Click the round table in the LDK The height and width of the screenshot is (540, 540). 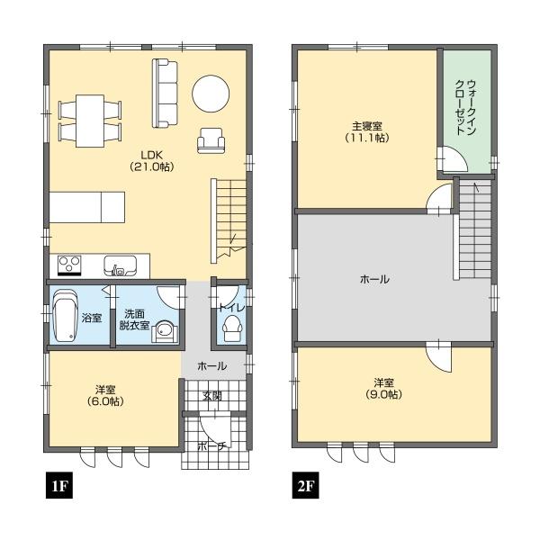[211, 94]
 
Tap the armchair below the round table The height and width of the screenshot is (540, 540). [211, 139]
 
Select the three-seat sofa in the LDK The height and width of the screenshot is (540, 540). [165, 94]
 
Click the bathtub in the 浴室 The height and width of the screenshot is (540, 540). [66, 316]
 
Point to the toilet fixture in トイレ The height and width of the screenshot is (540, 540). [233, 328]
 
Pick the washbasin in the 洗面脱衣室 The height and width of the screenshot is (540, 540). [165, 330]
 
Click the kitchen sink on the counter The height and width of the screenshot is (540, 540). [121, 265]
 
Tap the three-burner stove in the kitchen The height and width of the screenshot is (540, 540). [69, 265]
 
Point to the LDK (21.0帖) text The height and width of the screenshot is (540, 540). [151, 161]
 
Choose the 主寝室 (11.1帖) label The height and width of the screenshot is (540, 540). [367, 132]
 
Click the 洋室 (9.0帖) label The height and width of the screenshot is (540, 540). [383, 388]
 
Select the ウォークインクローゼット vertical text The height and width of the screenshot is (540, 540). [465, 107]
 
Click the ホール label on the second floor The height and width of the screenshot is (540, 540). [374, 279]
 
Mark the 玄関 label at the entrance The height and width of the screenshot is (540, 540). [211, 396]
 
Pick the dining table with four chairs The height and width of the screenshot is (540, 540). [90, 121]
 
